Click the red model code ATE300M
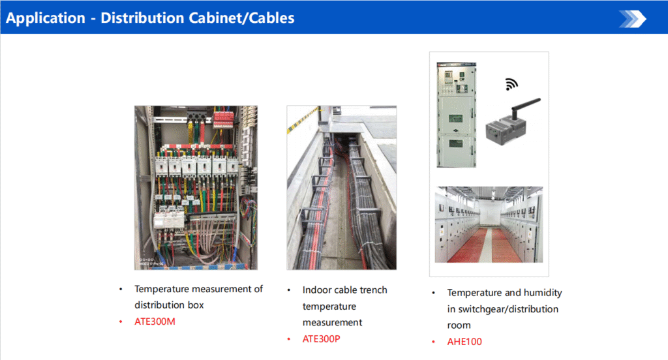[x=155, y=322]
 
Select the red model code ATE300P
[x=321, y=339]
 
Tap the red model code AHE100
[x=464, y=342]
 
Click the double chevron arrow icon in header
[x=633, y=19]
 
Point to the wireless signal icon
[x=511, y=84]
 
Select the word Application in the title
[x=46, y=18]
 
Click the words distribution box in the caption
[x=169, y=305]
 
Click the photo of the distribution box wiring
[x=196, y=187]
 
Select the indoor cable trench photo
[x=342, y=187]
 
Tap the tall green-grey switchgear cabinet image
[x=456, y=115]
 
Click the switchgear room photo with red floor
[x=489, y=224]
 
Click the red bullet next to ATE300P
[x=289, y=339]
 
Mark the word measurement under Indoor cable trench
[x=332, y=323]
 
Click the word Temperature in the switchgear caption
[x=474, y=293]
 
